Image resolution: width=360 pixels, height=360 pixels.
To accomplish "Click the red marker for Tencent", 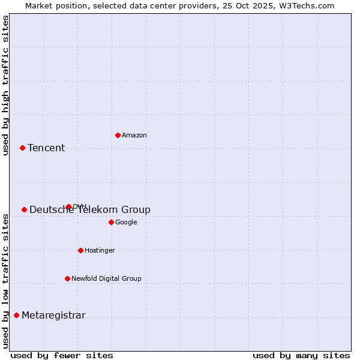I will click(22, 148).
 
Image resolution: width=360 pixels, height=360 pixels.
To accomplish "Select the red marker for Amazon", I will click(118, 135).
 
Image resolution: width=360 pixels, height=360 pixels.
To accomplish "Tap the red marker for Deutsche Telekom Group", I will click(24, 209).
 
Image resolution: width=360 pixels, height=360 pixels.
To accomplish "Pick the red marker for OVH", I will click(68, 206).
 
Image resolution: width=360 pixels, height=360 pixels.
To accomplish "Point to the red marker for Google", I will click(111, 222).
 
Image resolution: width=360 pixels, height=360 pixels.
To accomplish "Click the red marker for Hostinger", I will click(80, 250).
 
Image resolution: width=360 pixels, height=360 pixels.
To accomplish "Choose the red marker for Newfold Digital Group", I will click(67, 278).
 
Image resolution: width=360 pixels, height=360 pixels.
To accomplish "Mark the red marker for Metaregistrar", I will click(16, 315).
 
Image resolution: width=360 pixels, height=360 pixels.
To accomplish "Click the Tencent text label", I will click(46, 148).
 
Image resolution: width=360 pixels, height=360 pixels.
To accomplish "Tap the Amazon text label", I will click(134, 136).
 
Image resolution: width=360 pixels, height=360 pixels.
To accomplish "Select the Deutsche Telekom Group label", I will click(90, 210).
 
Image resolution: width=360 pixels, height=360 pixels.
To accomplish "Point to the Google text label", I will click(126, 223).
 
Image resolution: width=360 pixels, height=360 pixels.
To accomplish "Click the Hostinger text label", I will click(100, 251).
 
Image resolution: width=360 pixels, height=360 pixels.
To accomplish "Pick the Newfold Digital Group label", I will click(106, 279).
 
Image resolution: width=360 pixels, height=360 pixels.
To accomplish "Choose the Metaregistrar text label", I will click(53, 316).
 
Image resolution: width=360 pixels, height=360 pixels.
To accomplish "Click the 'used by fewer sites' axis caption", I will click(62, 355).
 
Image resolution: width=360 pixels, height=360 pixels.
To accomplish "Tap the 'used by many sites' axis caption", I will click(301, 355).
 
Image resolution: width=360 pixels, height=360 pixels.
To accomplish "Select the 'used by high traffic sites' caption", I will click(5, 85).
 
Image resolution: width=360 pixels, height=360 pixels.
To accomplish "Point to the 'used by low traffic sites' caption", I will click(5, 281).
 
